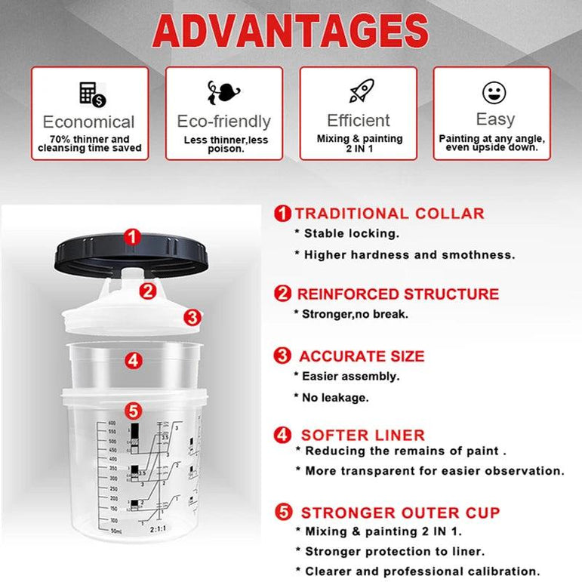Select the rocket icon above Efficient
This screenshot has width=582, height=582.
[x=359, y=91]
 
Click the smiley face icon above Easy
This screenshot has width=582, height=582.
[x=494, y=92]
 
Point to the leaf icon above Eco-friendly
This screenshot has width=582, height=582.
[x=223, y=93]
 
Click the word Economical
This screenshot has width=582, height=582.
[x=88, y=122]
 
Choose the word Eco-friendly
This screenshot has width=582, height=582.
[x=223, y=122]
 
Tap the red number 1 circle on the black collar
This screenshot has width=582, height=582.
[x=133, y=237]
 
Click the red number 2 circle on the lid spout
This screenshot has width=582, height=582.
[x=149, y=289]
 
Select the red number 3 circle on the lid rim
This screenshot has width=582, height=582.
[x=192, y=317]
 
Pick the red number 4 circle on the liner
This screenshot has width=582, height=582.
[x=134, y=361]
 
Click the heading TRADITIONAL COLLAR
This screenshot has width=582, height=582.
[x=390, y=214]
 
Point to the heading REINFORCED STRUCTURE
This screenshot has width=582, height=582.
[x=397, y=294]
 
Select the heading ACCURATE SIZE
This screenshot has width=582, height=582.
[x=362, y=356]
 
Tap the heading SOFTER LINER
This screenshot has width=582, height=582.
[x=362, y=435]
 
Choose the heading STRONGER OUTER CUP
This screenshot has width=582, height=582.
[x=400, y=513]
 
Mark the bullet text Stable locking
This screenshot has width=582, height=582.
[x=346, y=234]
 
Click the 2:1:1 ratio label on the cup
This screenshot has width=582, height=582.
[x=159, y=530]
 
